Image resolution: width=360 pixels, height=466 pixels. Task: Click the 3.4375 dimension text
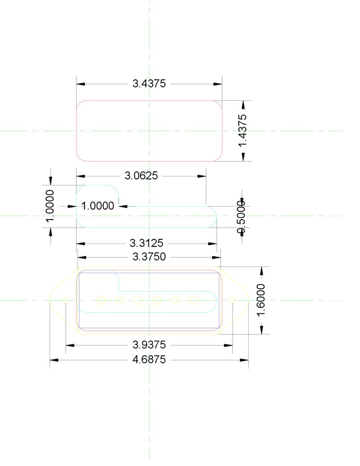click(x=149, y=84)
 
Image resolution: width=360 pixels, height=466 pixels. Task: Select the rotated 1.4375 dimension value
click(x=243, y=130)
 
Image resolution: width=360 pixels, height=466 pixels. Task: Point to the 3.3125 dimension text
click(x=146, y=243)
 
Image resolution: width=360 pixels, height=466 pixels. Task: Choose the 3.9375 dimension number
click(x=149, y=345)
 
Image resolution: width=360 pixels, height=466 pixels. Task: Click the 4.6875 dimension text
click(x=149, y=360)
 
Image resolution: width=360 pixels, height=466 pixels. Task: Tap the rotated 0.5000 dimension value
click(x=241, y=216)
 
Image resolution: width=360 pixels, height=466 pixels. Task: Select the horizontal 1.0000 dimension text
click(x=98, y=206)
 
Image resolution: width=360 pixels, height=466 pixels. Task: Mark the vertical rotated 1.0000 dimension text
click(x=51, y=205)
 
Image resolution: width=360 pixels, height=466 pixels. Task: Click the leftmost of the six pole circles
click(x=101, y=301)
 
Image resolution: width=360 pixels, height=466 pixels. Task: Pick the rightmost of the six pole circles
click(x=195, y=301)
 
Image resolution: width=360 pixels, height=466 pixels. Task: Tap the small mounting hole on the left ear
click(x=65, y=300)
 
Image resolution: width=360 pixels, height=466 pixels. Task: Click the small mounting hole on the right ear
click(x=232, y=300)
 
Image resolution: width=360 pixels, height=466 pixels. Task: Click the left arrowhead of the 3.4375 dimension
click(x=82, y=84)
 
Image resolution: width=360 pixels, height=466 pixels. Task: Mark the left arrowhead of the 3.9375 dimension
click(x=70, y=345)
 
